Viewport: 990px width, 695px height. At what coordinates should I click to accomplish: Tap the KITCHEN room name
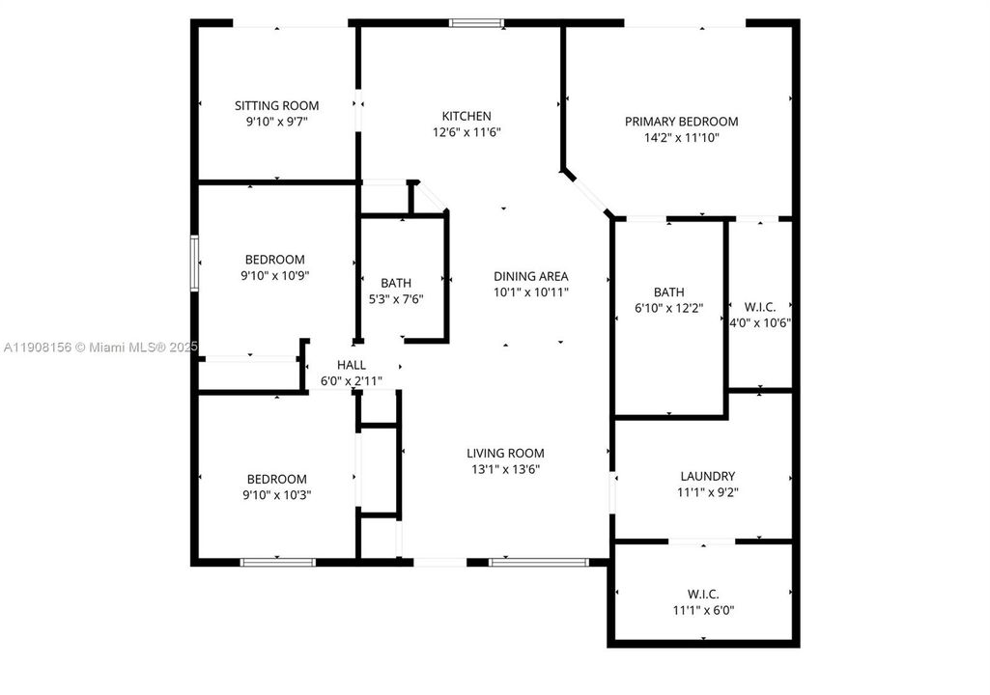pyautogui.click(x=467, y=117)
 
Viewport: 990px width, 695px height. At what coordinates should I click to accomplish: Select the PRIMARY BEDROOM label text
pyautogui.click(x=681, y=122)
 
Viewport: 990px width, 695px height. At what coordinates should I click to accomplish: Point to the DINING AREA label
pyautogui.click(x=530, y=276)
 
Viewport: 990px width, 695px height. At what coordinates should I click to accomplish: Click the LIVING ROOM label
pyautogui.click(x=505, y=454)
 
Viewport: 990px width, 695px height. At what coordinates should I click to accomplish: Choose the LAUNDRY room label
pyautogui.click(x=707, y=476)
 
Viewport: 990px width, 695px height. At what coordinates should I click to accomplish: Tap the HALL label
pyautogui.click(x=351, y=365)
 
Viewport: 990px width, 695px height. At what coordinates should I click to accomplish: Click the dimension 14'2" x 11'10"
pyautogui.click(x=681, y=138)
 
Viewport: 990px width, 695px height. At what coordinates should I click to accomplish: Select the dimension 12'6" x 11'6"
pyautogui.click(x=467, y=133)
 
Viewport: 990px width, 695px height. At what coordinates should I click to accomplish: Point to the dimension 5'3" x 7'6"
pyautogui.click(x=396, y=299)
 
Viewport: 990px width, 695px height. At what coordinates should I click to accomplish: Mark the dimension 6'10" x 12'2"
pyautogui.click(x=668, y=309)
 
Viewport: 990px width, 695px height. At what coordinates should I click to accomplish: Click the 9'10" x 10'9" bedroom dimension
pyautogui.click(x=275, y=276)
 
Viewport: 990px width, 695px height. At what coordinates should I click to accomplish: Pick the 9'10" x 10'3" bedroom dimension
pyautogui.click(x=276, y=495)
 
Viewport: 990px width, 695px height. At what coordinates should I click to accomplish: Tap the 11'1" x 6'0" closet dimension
pyautogui.click(x=702, y=610)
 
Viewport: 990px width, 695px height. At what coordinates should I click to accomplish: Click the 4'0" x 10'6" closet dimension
pyautogui.click(x=760, y=323)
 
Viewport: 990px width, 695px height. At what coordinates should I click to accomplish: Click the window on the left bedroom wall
pyautogui.click(x=194, y=263)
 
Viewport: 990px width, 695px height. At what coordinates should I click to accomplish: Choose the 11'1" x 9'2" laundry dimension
pyautogui.click(x=707, y=492)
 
